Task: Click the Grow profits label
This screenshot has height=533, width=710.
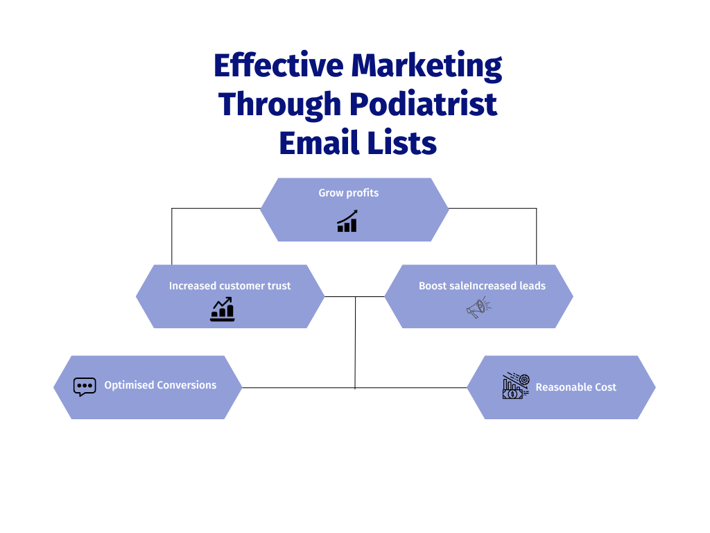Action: coord(349,193)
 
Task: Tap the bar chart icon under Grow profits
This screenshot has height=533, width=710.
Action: coord(347,221)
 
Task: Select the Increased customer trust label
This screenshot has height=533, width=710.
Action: coord(230,286)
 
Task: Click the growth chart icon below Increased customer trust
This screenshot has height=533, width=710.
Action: coord(223,310)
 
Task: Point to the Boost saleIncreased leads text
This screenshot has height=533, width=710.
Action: coord(482,286)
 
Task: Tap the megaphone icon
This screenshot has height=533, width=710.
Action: coord(478,307)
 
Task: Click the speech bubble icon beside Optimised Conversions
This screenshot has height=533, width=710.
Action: coord(85,387)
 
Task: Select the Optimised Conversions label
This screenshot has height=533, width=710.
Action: coord(160,385)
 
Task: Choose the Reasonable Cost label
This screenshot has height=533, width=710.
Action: coord(575,387)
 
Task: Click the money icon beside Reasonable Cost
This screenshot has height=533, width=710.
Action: coord(515,387)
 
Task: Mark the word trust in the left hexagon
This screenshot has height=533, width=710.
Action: coord(277,286)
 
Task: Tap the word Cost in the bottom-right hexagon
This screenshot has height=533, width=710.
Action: coord(604,387)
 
